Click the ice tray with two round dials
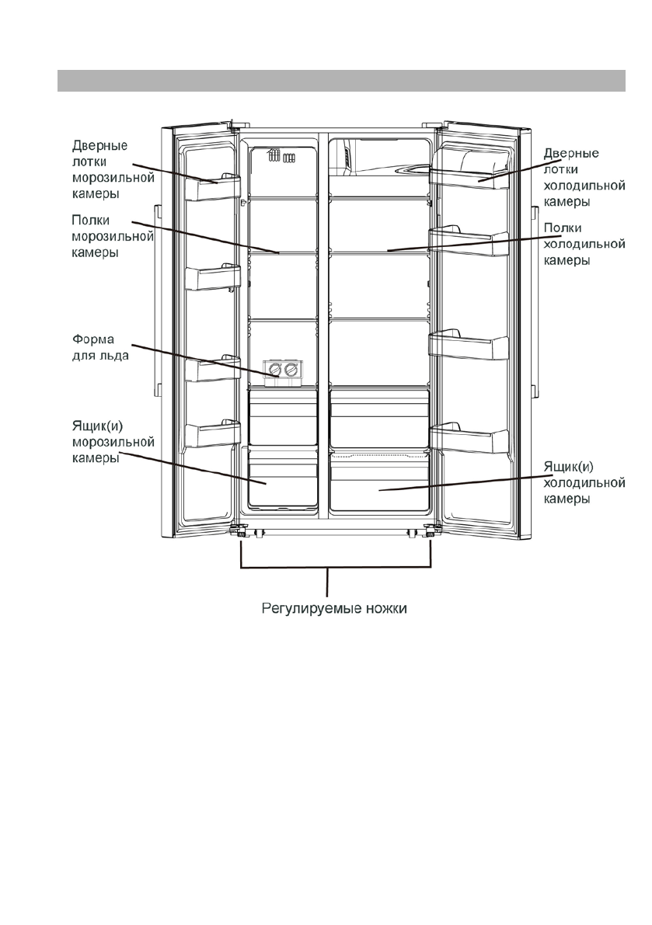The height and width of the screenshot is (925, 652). [281, 371]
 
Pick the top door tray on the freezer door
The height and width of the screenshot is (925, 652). [212, 187]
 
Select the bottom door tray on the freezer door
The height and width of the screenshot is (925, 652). [212, 435]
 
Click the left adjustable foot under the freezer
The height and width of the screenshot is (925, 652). [242, 533]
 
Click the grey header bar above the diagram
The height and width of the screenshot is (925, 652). [341, 80]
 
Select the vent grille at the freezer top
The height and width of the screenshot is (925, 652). [281, 158]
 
